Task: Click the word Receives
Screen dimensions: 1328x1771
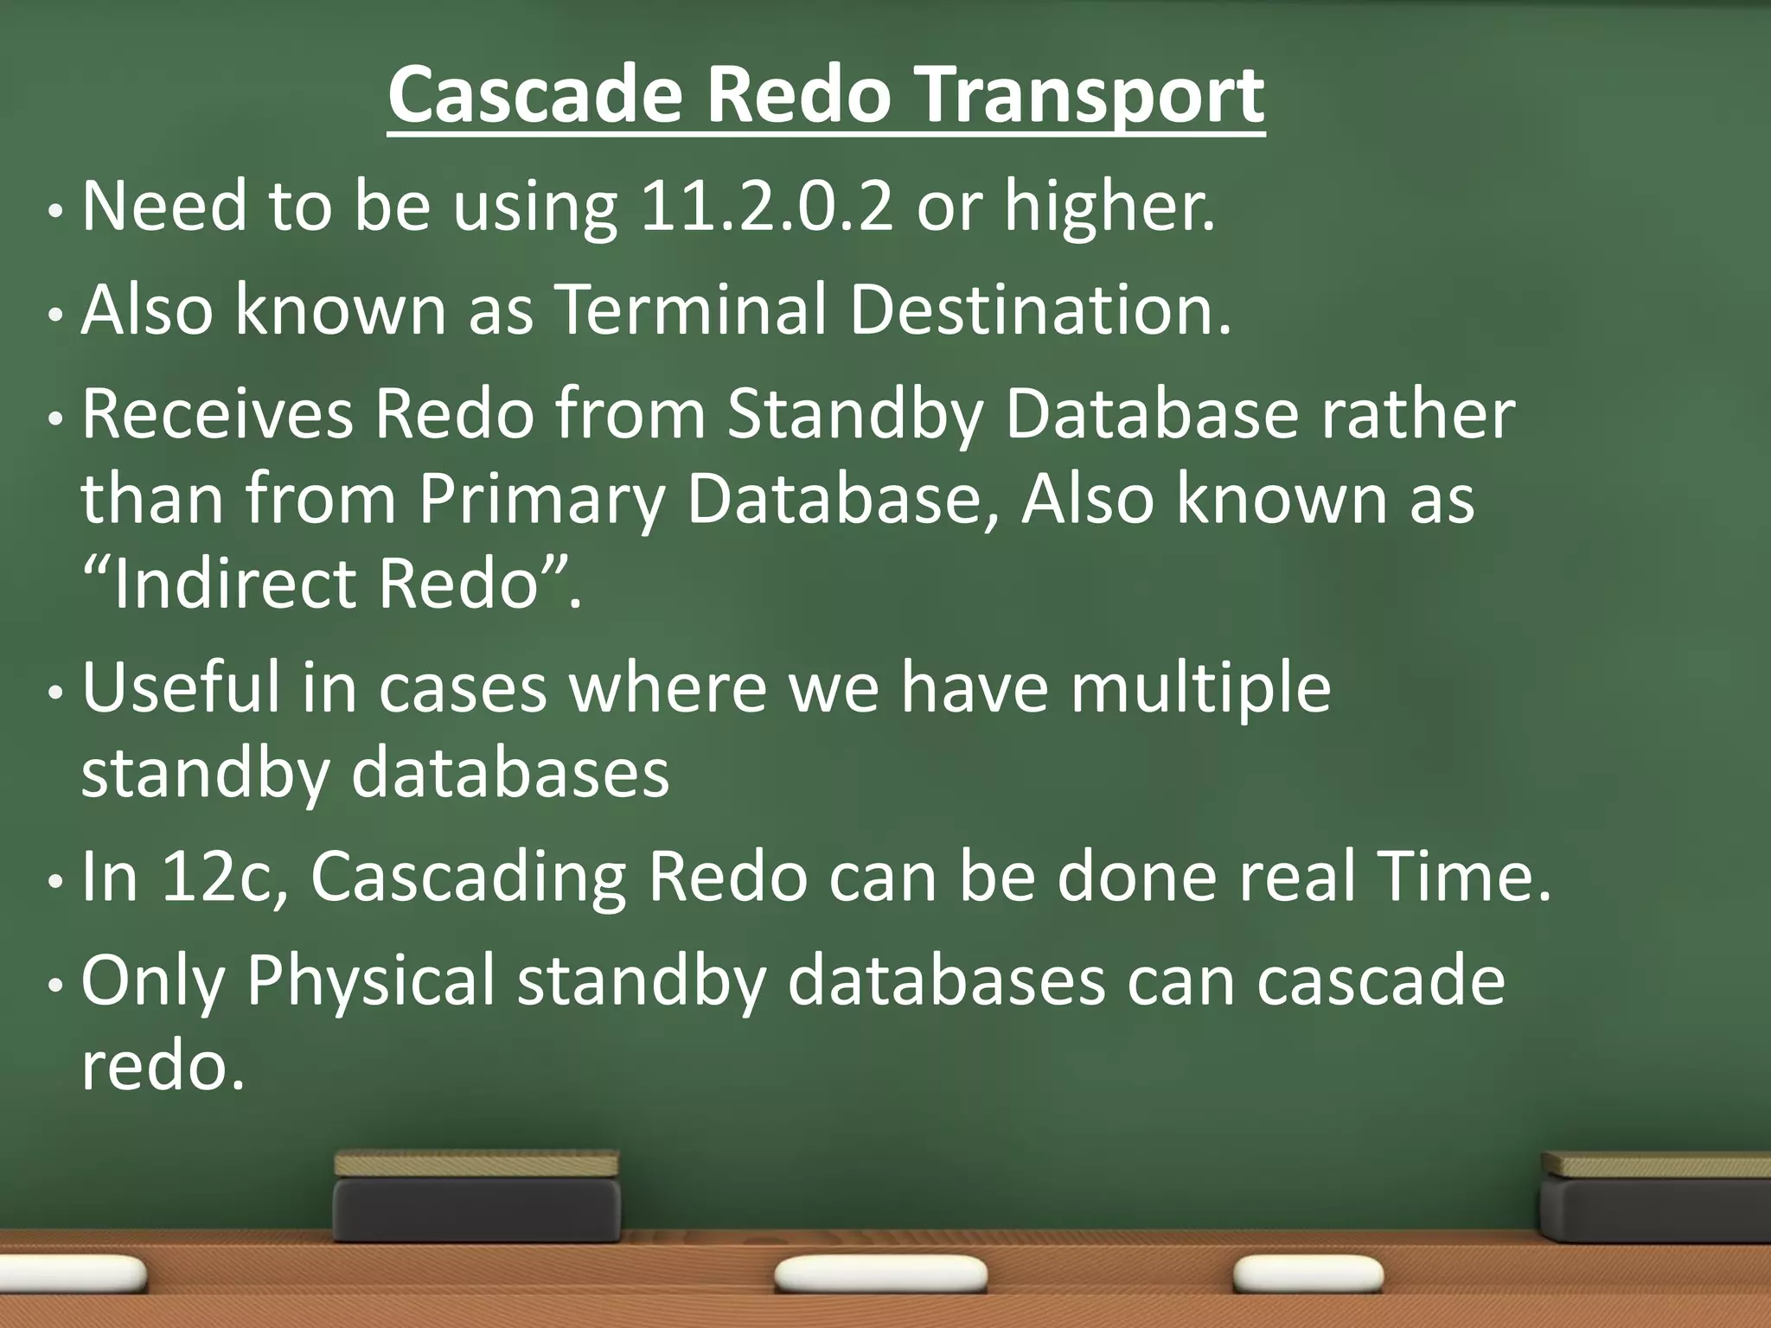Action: [217, 413]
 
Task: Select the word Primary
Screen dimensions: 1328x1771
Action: [541, 500]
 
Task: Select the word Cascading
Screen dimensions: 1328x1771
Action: [468, 877]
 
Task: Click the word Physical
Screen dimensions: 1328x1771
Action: [370, 980]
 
